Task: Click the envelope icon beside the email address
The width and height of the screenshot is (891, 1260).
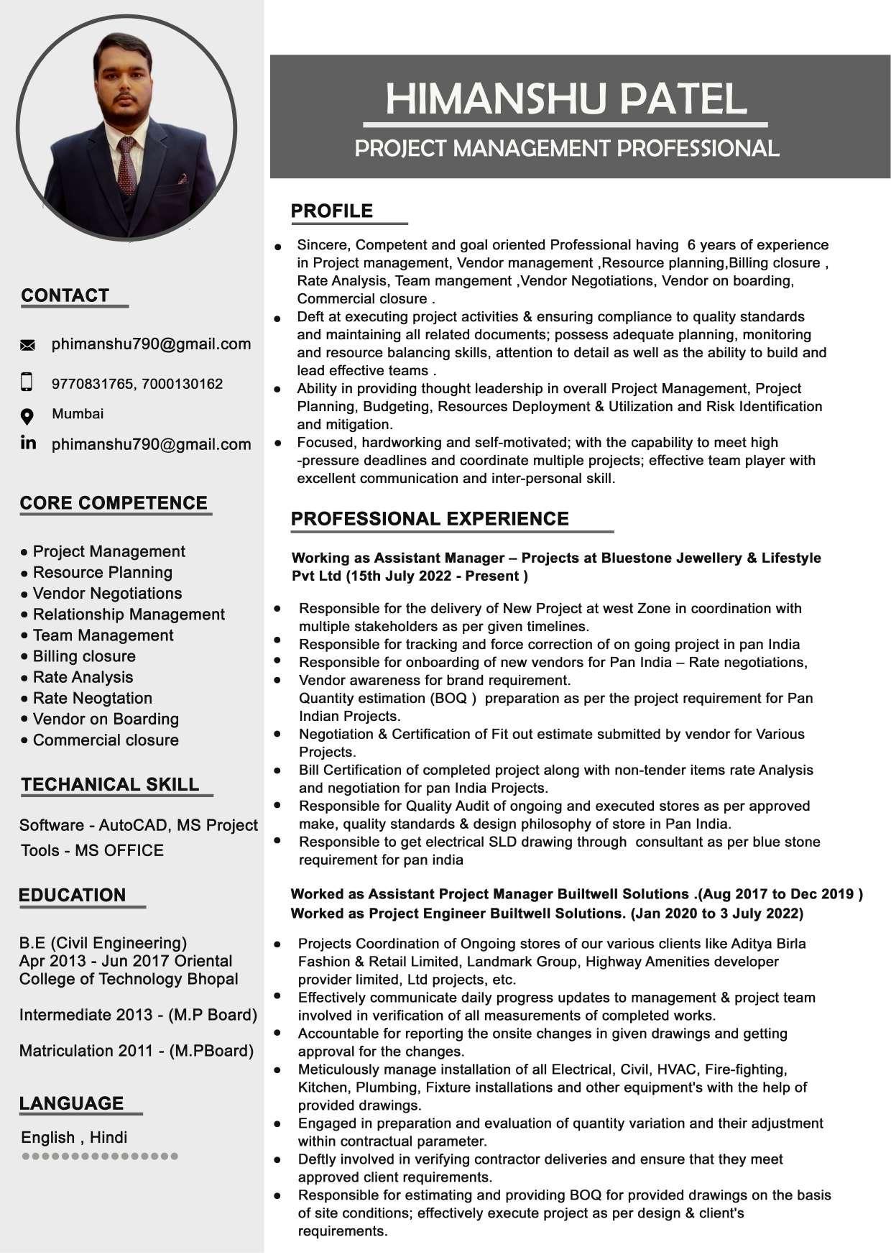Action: tap(27, 346)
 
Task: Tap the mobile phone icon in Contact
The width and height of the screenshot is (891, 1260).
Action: tap(27, 382)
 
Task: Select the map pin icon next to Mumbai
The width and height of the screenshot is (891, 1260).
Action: tap(27, 416)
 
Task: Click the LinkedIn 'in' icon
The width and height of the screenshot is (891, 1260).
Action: tap(28, 443)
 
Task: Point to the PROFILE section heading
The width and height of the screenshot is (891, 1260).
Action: tap(331, 211)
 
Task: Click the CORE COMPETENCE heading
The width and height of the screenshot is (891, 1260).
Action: tap(114, 503)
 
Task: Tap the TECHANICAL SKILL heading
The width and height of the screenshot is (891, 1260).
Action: tap(110, 784)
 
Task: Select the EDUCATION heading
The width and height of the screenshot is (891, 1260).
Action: tap(72, 895)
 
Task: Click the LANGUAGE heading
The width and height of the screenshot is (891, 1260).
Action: tap(71, 1103)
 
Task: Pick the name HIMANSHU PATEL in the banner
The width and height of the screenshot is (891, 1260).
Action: tap(565, 98)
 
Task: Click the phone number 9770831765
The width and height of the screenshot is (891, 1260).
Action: tap(92, 384)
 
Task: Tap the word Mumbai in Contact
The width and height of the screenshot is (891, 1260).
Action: tap(78, 414)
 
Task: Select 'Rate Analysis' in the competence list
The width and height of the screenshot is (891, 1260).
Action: tap(83, 677)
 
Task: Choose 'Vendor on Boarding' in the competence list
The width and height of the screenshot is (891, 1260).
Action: tap(106, 719)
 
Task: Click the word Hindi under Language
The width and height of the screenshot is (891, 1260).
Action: tap(109, 1137)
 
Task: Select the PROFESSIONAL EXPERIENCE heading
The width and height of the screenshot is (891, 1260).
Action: tap(429, 519)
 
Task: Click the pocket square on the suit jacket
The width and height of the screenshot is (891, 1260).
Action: tap(183, 178)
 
